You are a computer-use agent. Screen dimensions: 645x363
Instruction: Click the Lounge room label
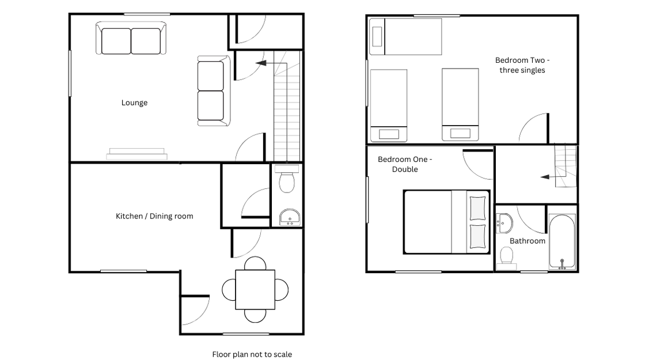coord(134,103)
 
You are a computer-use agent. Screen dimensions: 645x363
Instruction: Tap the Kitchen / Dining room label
coord(154,216)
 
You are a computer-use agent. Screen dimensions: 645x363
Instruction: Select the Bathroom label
coord(528,241)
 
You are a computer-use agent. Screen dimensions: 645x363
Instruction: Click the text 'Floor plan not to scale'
coord(252,354)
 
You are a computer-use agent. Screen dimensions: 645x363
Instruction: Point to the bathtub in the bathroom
coord(562,242)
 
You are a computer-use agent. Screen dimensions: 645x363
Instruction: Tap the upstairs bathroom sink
coord(504,223)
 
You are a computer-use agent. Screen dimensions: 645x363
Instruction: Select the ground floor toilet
coord(287,179)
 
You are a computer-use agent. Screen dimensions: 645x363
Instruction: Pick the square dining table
coord(255,289)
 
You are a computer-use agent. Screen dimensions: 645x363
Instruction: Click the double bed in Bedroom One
coord(446,222)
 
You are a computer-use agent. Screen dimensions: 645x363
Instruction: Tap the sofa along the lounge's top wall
coord(131,38)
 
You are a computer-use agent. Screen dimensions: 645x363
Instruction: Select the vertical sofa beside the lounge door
coord(214,91)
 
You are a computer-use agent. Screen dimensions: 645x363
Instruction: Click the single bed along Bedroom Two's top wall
coord(405,37)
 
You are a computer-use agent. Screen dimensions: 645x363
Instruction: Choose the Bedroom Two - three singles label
coord(522,65)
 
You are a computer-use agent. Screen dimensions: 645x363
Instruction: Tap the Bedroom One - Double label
coord(405,164)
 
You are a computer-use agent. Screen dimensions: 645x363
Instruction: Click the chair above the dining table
coord(255,263)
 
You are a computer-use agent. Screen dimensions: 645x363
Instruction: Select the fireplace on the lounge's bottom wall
coord(137,153)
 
